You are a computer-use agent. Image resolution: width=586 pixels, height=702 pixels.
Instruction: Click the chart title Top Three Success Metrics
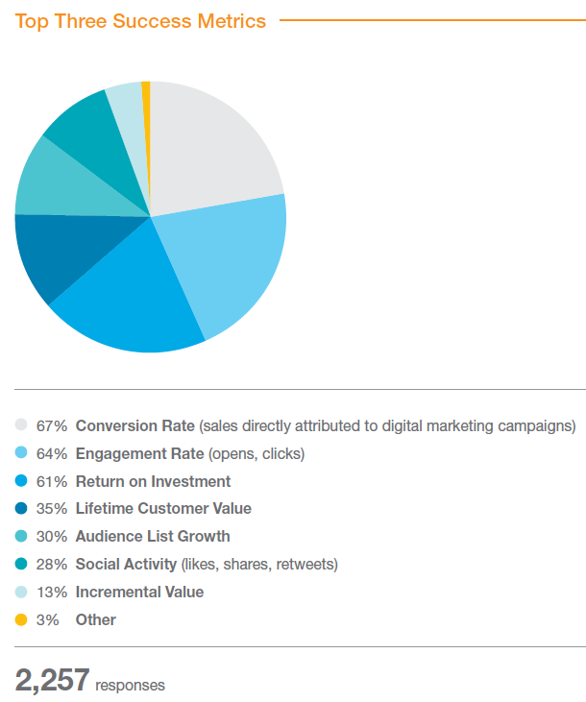[x=140, y=20]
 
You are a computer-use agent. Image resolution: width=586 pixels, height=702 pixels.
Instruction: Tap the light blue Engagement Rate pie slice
[x=231, y=259]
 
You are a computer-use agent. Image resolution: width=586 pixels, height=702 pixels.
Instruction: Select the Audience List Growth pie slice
[x=58, y=182]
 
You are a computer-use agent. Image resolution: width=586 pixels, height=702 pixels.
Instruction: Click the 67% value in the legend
[x=51, y=425]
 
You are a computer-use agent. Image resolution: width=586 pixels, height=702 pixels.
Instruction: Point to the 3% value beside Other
[x=47, y=619]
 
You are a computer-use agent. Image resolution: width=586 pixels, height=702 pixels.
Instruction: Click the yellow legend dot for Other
[x=21, y=619]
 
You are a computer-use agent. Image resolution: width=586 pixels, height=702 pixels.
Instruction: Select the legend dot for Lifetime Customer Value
[x=21, y=508]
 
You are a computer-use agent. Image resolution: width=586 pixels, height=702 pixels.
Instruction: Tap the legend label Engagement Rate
[x=139, y=453]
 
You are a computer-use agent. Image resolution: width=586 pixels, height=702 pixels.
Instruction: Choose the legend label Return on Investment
[x=153, y=481]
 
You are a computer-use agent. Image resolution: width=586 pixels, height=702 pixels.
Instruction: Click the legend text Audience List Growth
[x=153, y=536]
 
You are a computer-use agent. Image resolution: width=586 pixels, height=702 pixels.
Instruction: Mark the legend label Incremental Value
[x=139, y=592]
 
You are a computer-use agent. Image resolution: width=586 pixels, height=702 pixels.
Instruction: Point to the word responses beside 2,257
[x=130, y=685]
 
